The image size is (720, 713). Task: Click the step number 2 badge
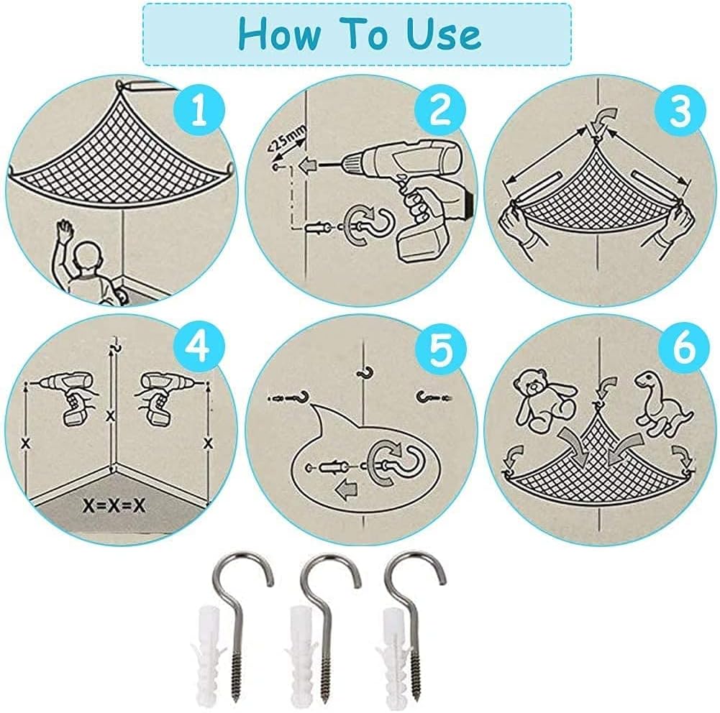(x=440, y=111)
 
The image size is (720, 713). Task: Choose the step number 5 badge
(x=440, y=349)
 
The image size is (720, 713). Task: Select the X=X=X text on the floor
(x=114, y=506)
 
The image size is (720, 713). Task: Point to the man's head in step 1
(x=88, y=258)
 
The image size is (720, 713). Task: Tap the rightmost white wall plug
(x=391, y=656)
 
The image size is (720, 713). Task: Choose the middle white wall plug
(x=301, y=656)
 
